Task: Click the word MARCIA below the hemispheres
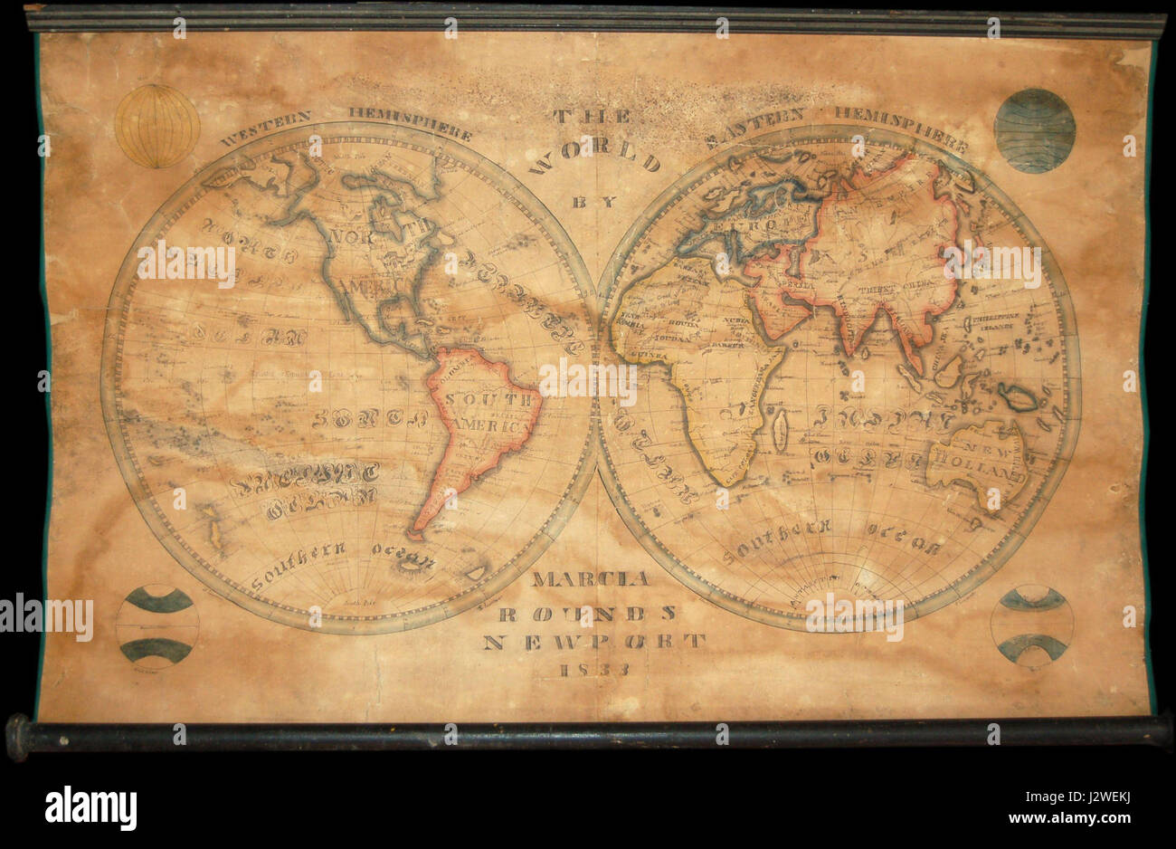coord(589,579)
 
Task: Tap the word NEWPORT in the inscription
coord(593,642)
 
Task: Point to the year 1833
coord(594,671)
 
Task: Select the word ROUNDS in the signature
coord(588,613)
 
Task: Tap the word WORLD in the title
coord(594,159)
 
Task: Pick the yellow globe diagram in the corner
coord(157,126)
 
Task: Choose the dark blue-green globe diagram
coord(1035,130)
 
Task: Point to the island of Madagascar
coord(779,431)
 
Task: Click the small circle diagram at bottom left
coord(157,625)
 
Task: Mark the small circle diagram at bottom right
coord(1032,625)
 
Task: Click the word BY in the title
coord(593,202)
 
